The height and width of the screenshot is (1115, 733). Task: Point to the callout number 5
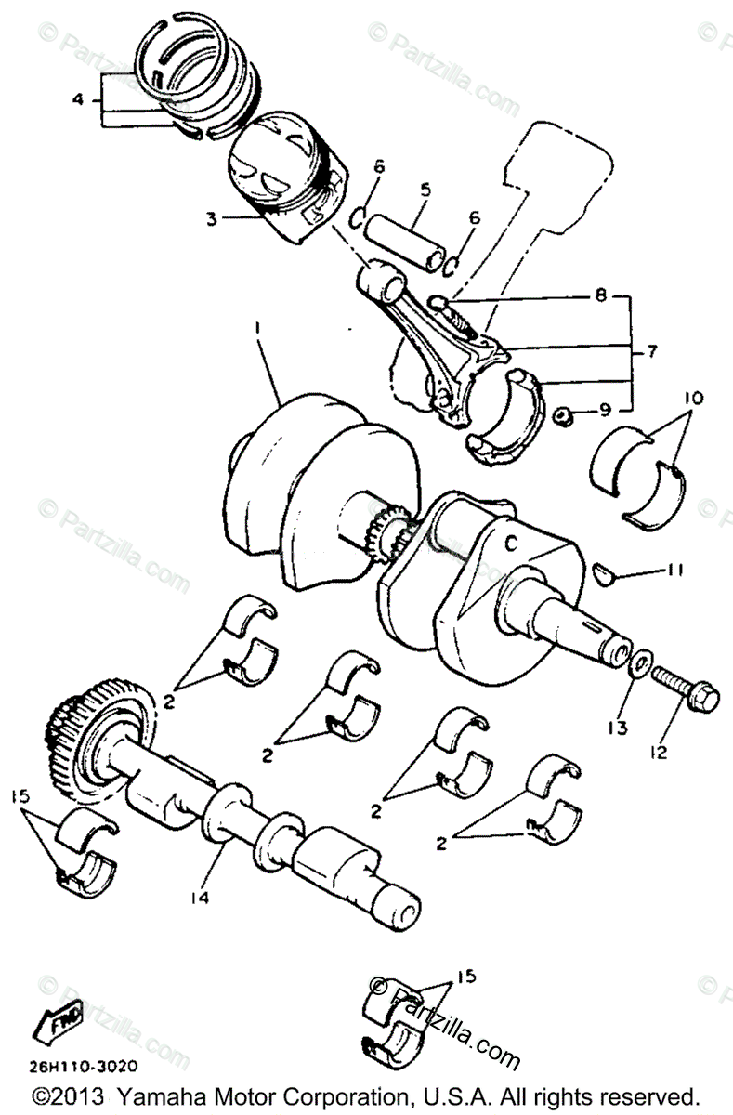425,190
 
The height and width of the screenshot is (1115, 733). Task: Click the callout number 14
200,898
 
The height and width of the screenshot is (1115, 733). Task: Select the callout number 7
651,353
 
